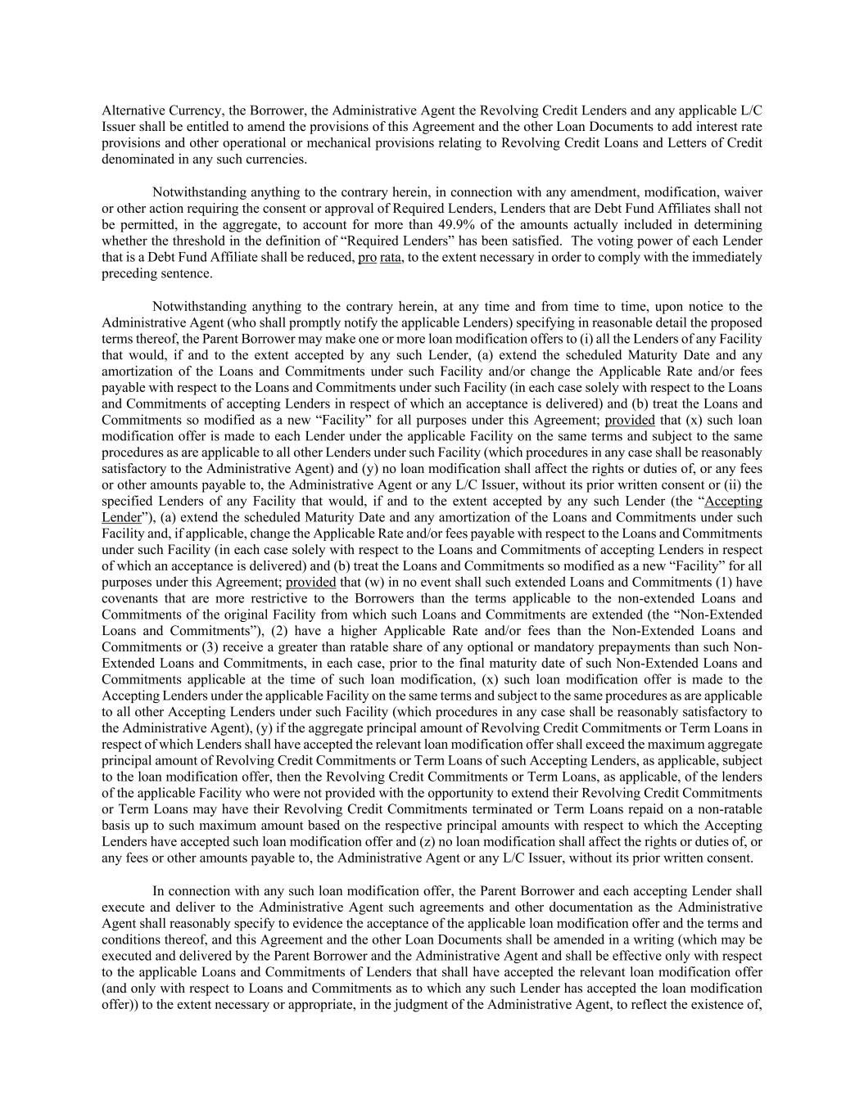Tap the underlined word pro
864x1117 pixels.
(367, 257)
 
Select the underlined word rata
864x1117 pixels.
(391, 257)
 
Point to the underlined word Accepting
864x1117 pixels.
(733, 501)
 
